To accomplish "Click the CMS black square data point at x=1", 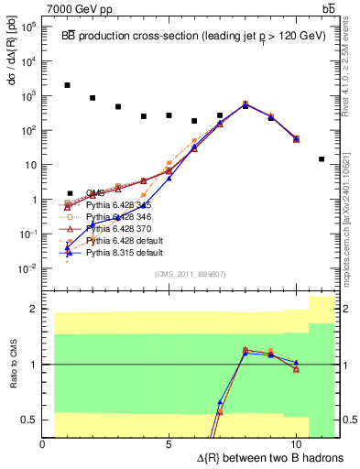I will pos(68,85).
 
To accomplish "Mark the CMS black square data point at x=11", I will pos(322,158).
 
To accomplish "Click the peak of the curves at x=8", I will pos(245,104).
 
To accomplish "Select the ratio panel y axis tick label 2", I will pos(32,309).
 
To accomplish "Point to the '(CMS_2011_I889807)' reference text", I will pos(191,274).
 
